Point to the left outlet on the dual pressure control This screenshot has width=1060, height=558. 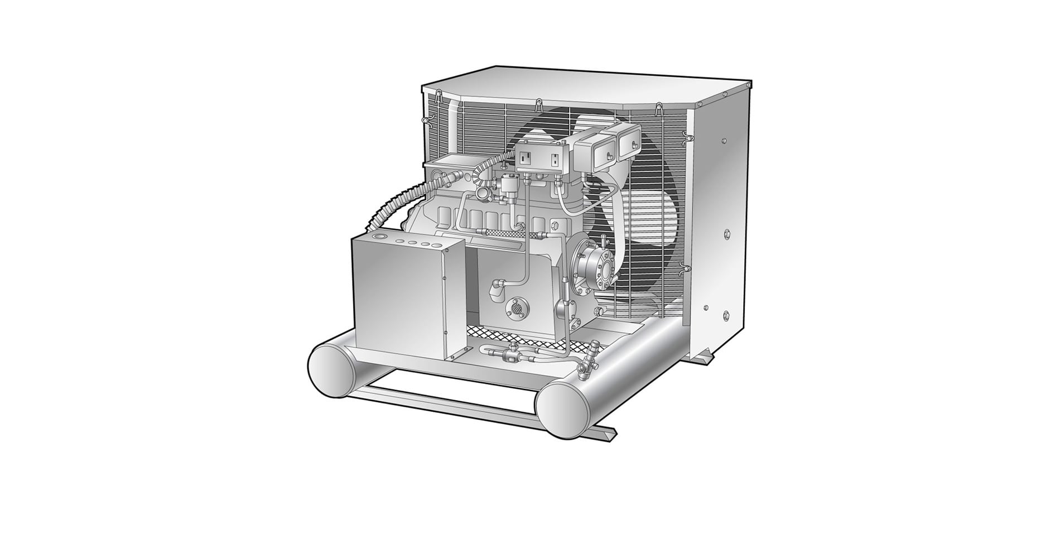(x=525, y=158)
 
